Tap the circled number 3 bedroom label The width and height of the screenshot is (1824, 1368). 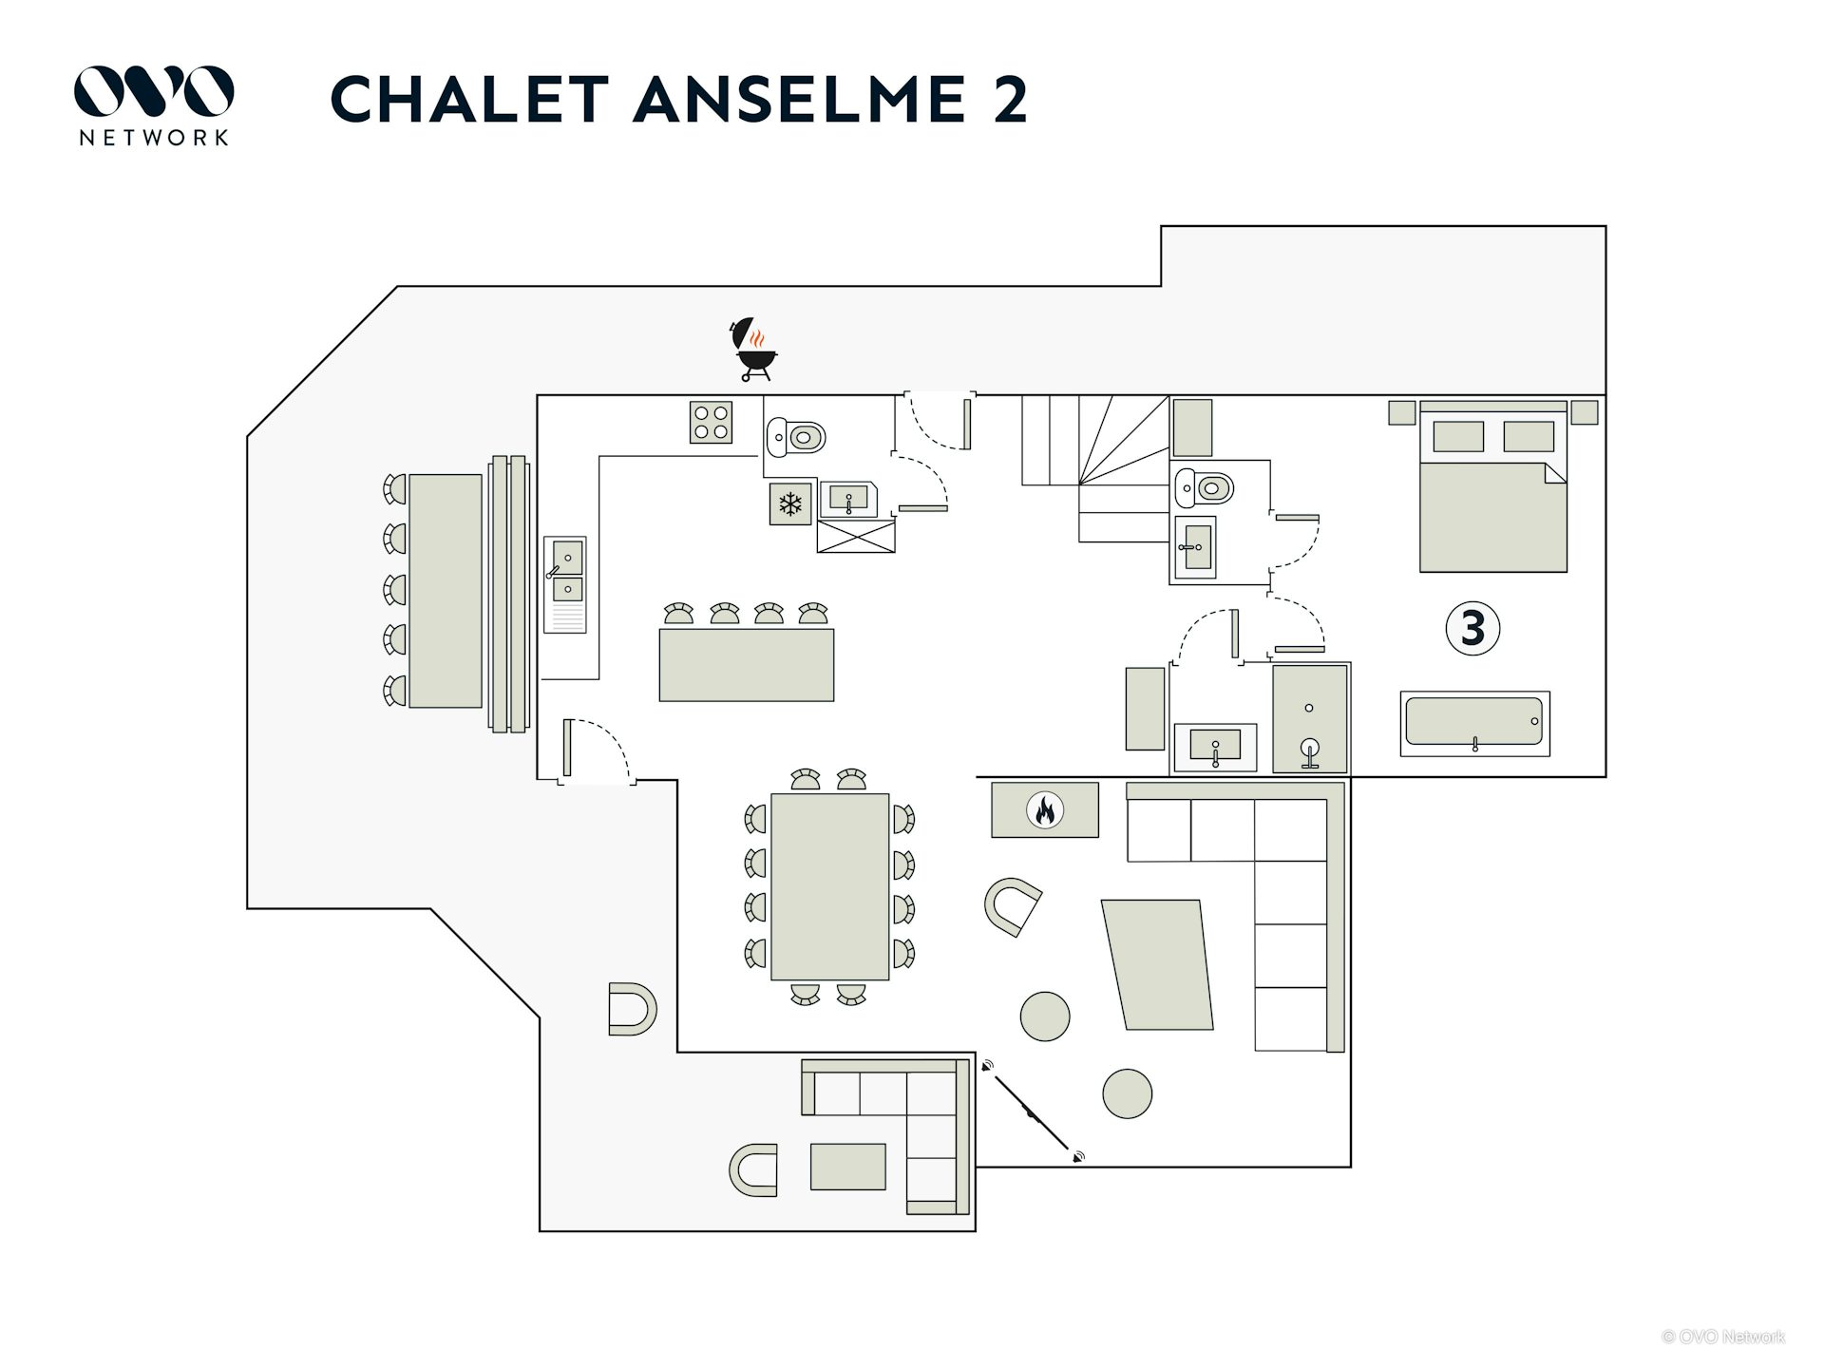click(x=1472, y=628)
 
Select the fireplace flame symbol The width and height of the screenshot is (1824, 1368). click(x=1045, y=810)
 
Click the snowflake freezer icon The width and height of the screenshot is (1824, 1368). click(x=790, y=504)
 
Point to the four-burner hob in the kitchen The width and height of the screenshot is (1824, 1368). click(x=711, y=423)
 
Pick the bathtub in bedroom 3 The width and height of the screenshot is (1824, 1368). click(x=1474, y=723)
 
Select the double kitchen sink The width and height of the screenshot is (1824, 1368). click(x=566, y=574)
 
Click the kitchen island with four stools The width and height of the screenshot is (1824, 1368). click(x=747, y=664)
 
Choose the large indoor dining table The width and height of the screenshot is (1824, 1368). click(x=829, y=886)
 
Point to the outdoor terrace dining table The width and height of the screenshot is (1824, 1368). click(x=446, y=591)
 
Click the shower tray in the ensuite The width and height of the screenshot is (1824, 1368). click(x=1310, y=718)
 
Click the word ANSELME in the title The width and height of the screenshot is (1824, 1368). click(x=800, y=100)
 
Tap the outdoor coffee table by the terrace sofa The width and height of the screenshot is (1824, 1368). click(x=847, y=1166)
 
